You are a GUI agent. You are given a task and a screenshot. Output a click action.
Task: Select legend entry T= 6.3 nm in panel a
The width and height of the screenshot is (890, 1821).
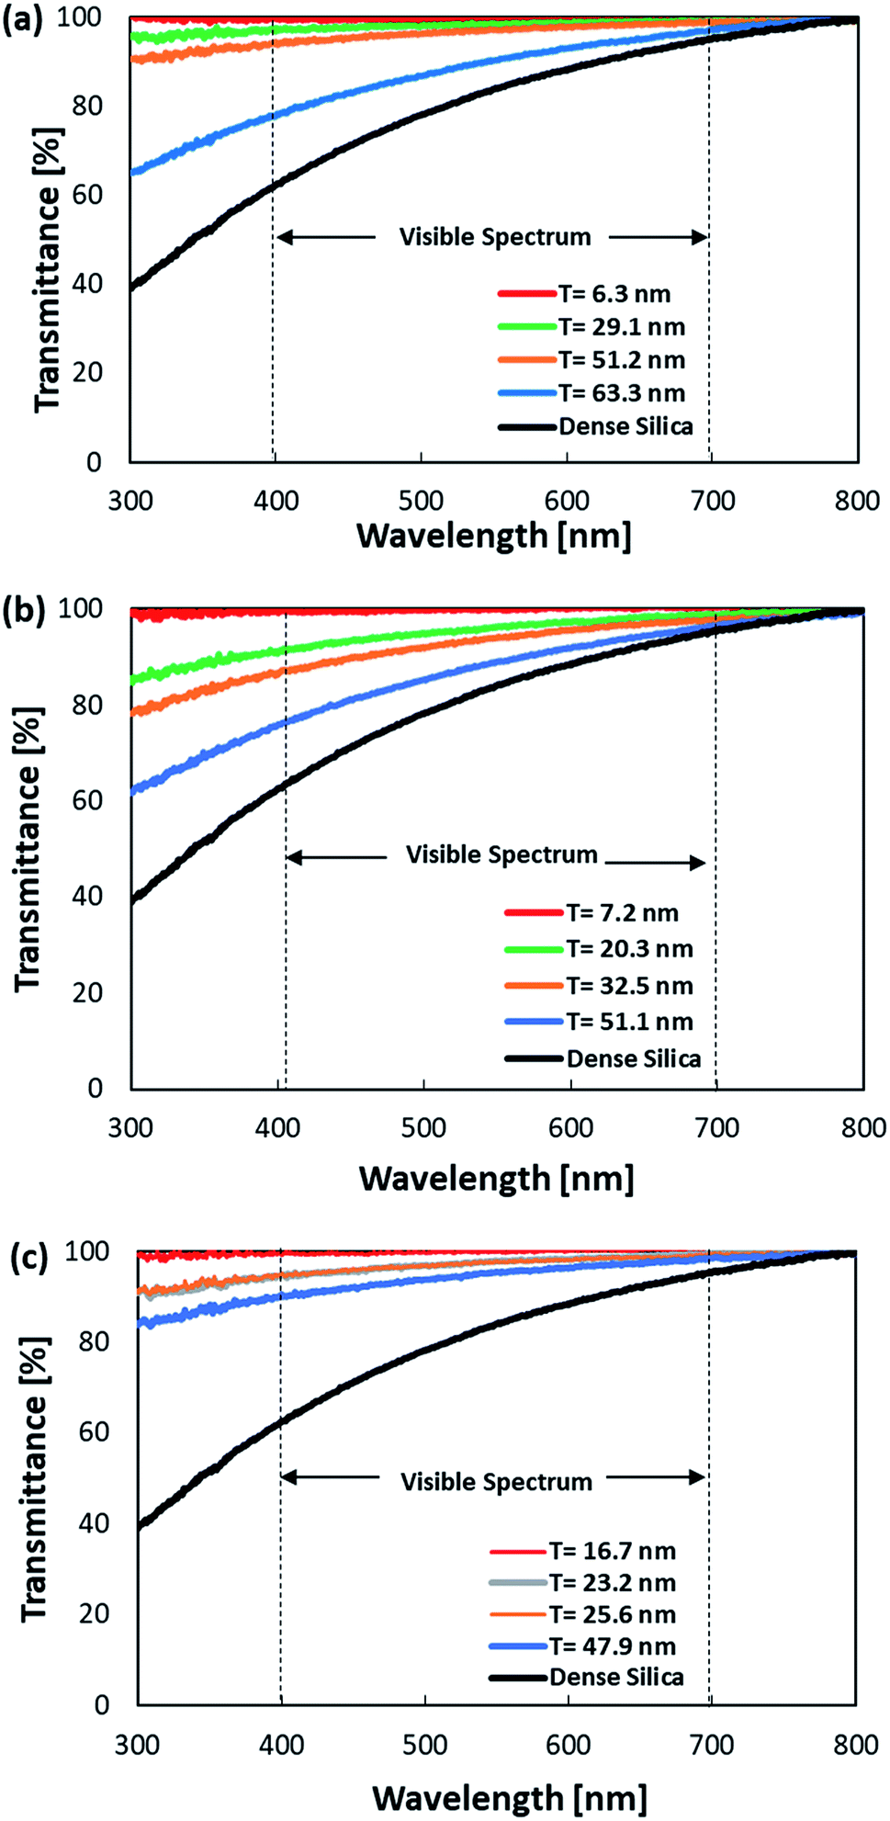[x=614, y=294]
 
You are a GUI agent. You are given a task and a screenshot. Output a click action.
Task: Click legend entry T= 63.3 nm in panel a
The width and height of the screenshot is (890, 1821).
[x=622, y=393]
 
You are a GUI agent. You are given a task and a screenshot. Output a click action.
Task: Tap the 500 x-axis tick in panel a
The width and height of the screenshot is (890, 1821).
[x=421, y=501]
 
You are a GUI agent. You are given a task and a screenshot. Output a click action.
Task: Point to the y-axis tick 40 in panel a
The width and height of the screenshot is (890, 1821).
[x=87, y=284]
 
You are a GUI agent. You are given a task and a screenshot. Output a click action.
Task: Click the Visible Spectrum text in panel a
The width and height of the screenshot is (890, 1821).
[x=495, y=237]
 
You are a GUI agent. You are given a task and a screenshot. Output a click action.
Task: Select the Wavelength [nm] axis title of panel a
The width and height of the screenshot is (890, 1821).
[x=494, y=536]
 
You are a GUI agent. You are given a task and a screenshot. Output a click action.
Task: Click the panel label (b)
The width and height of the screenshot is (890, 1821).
[x=23, y=610]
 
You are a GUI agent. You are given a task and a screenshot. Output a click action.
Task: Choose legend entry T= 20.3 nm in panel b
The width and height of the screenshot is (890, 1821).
[x=629, y=949]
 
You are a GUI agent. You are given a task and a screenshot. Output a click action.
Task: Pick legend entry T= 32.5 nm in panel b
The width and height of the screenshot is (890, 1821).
[x=629, y=986]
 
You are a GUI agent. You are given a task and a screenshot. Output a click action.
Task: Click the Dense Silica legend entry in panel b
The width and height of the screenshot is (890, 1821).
[x=633, y=1059]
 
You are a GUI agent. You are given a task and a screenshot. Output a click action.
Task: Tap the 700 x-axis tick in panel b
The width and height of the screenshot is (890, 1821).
[x=716, y=1128]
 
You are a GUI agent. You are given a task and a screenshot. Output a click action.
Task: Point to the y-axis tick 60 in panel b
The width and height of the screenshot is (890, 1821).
[x=87, y=800]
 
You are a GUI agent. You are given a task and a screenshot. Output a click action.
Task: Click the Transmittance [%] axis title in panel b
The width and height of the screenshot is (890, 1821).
[x=28, y=849]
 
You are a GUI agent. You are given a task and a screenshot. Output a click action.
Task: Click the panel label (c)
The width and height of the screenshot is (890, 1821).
[x=28, y=1257]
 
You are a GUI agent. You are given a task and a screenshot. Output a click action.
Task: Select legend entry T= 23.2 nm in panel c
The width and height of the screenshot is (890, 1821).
[x=613, y=1582]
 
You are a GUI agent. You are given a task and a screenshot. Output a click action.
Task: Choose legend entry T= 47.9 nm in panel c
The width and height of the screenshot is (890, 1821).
[x=613, y=1646]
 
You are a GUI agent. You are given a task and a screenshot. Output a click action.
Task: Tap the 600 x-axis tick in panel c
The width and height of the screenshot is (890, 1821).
[x=569, y=1745]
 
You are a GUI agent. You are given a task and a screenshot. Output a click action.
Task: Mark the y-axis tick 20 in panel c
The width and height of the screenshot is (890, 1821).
[x=94, y=1613]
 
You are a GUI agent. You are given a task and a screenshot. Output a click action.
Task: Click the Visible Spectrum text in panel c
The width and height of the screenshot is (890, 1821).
[x=496, y=1482]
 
